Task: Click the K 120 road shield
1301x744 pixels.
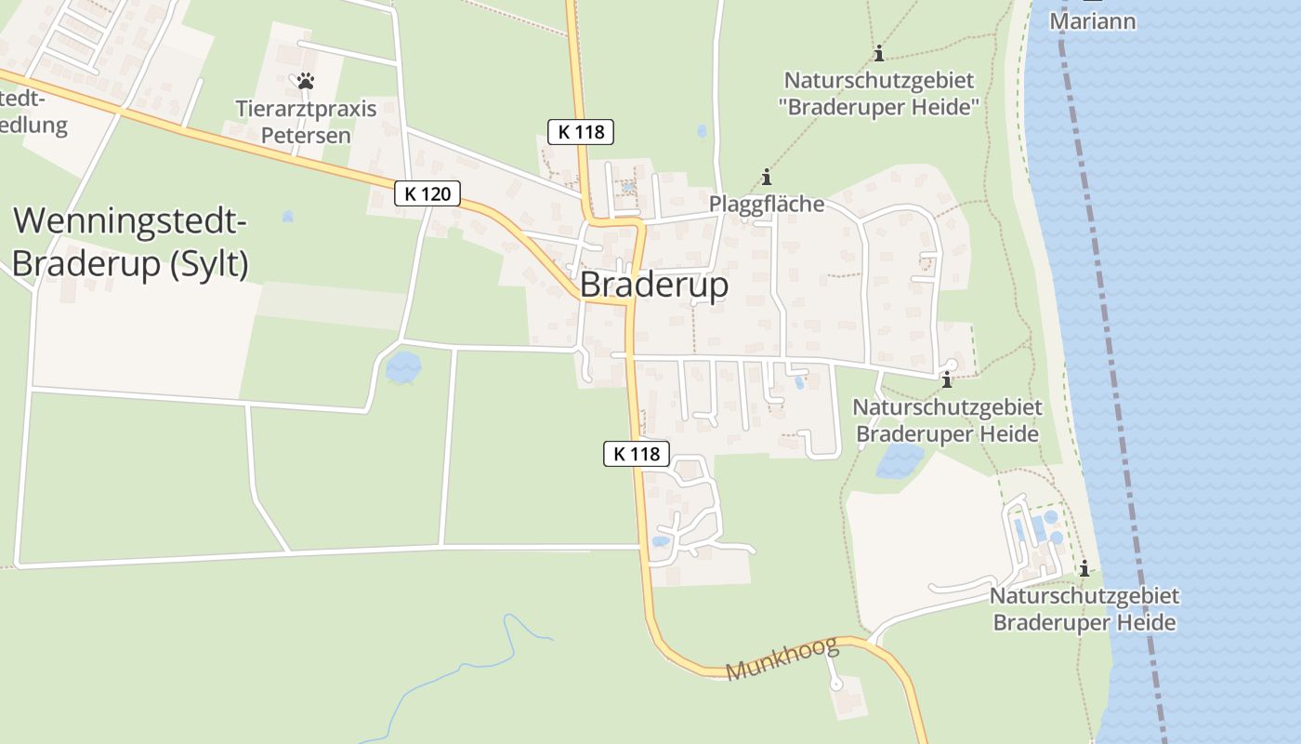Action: click(427, 193)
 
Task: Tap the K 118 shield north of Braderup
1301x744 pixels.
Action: click(582, 132)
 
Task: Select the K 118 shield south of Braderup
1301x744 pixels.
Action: click(637, 454)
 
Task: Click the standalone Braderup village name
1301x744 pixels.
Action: click(654, 286)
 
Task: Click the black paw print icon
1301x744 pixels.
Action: click(306, 81)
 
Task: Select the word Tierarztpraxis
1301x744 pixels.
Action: click(306, 109)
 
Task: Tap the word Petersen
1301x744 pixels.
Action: click(306, 135)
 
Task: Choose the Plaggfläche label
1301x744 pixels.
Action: click(767, 204)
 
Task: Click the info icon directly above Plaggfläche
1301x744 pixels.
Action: click(767, 177)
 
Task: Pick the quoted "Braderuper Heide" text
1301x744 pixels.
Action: click(880, 107)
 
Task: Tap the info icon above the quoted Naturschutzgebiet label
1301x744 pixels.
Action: click(879, 54)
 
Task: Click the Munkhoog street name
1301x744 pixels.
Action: click(782, 658)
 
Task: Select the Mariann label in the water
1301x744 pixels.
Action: click(1093, 20)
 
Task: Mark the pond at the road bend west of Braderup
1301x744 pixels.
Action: click(402, 367)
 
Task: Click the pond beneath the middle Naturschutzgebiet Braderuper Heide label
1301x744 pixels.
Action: click(900, 459)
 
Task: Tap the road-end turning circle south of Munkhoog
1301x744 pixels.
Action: click(835, 684)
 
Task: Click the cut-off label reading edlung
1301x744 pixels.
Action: click(34, 126)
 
